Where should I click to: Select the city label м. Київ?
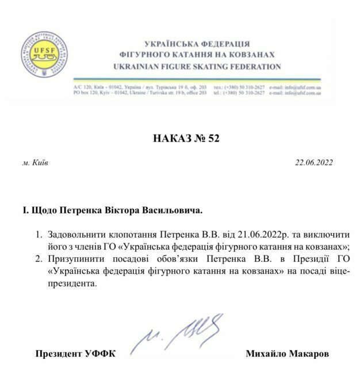click(36, 163)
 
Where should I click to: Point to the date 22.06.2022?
click(313, 163)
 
